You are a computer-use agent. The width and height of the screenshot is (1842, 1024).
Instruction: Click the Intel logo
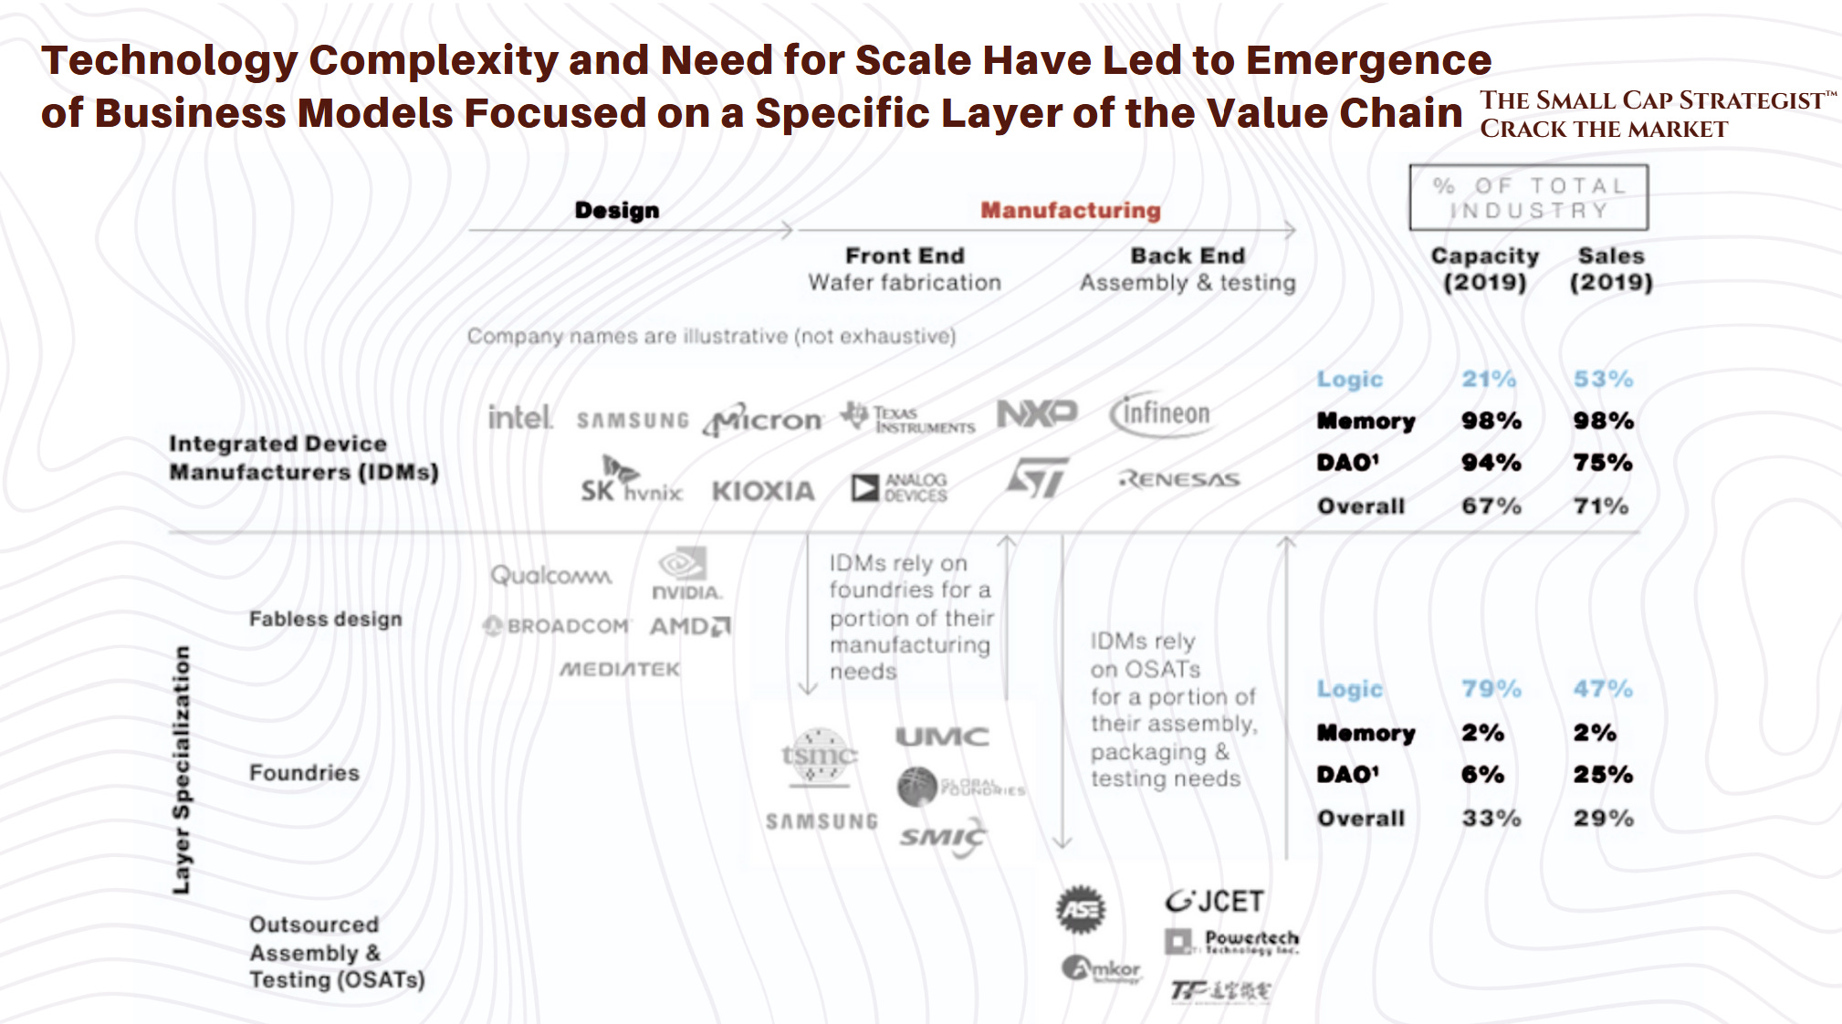click(519, 417)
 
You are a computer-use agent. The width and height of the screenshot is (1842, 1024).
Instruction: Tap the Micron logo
click(763, 420)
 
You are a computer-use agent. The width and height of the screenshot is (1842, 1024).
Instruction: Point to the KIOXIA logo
click(763, 491)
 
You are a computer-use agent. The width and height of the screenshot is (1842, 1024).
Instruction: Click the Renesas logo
click(1179, 479)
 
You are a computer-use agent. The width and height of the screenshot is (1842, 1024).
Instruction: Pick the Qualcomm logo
click(551, 576)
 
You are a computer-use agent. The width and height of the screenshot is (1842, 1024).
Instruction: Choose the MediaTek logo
click(620, 669)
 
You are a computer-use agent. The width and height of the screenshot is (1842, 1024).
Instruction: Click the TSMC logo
click(819, 757)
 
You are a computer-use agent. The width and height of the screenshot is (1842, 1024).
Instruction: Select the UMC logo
click(942, 737)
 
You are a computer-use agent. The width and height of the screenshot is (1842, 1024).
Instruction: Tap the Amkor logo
click(1102, 968)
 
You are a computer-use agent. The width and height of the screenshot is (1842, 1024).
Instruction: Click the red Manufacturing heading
click(1071, 210)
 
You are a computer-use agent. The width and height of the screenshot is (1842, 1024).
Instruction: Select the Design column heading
click(617, 210)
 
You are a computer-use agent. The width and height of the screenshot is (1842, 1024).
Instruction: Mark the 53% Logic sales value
click(1603, 379)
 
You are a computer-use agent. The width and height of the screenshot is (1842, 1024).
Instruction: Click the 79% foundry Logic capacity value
click(1491, 689)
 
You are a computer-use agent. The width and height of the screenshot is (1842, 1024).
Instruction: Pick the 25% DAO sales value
click(1603, 775)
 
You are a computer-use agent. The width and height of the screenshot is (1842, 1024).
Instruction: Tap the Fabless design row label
click(325, 619)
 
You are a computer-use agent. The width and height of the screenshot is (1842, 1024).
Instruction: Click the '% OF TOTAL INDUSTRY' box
click(1529, 197)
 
